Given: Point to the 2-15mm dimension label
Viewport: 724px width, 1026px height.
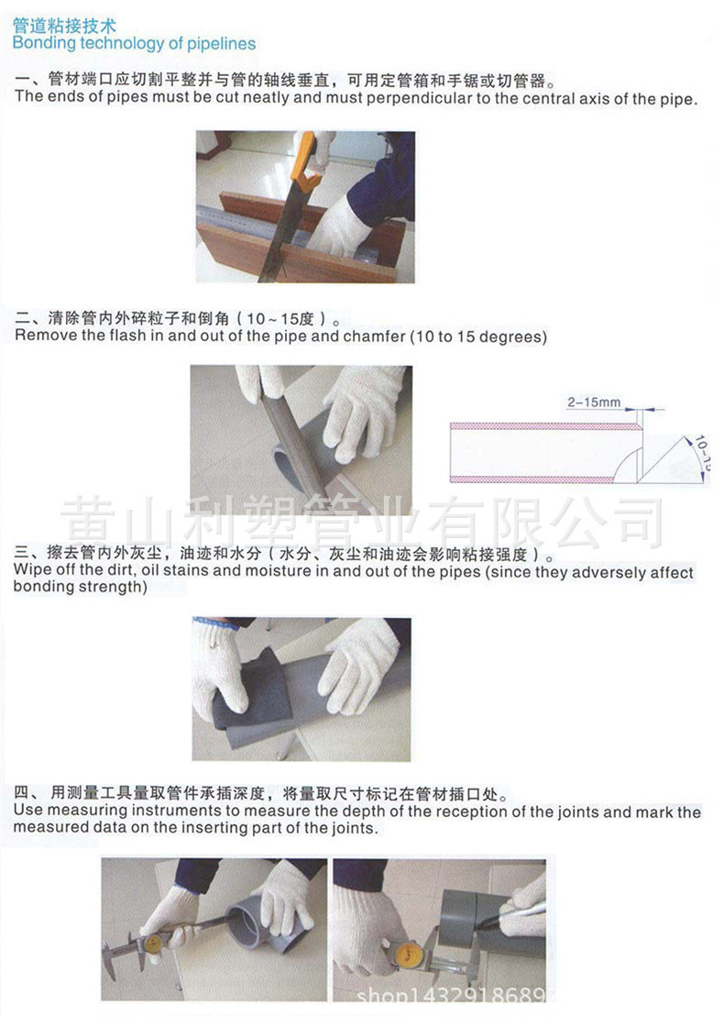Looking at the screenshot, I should pos(594,402).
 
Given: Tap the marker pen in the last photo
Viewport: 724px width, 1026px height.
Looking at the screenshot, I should pos(510,916).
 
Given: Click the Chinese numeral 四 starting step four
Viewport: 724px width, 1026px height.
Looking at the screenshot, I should pos(22,793).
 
